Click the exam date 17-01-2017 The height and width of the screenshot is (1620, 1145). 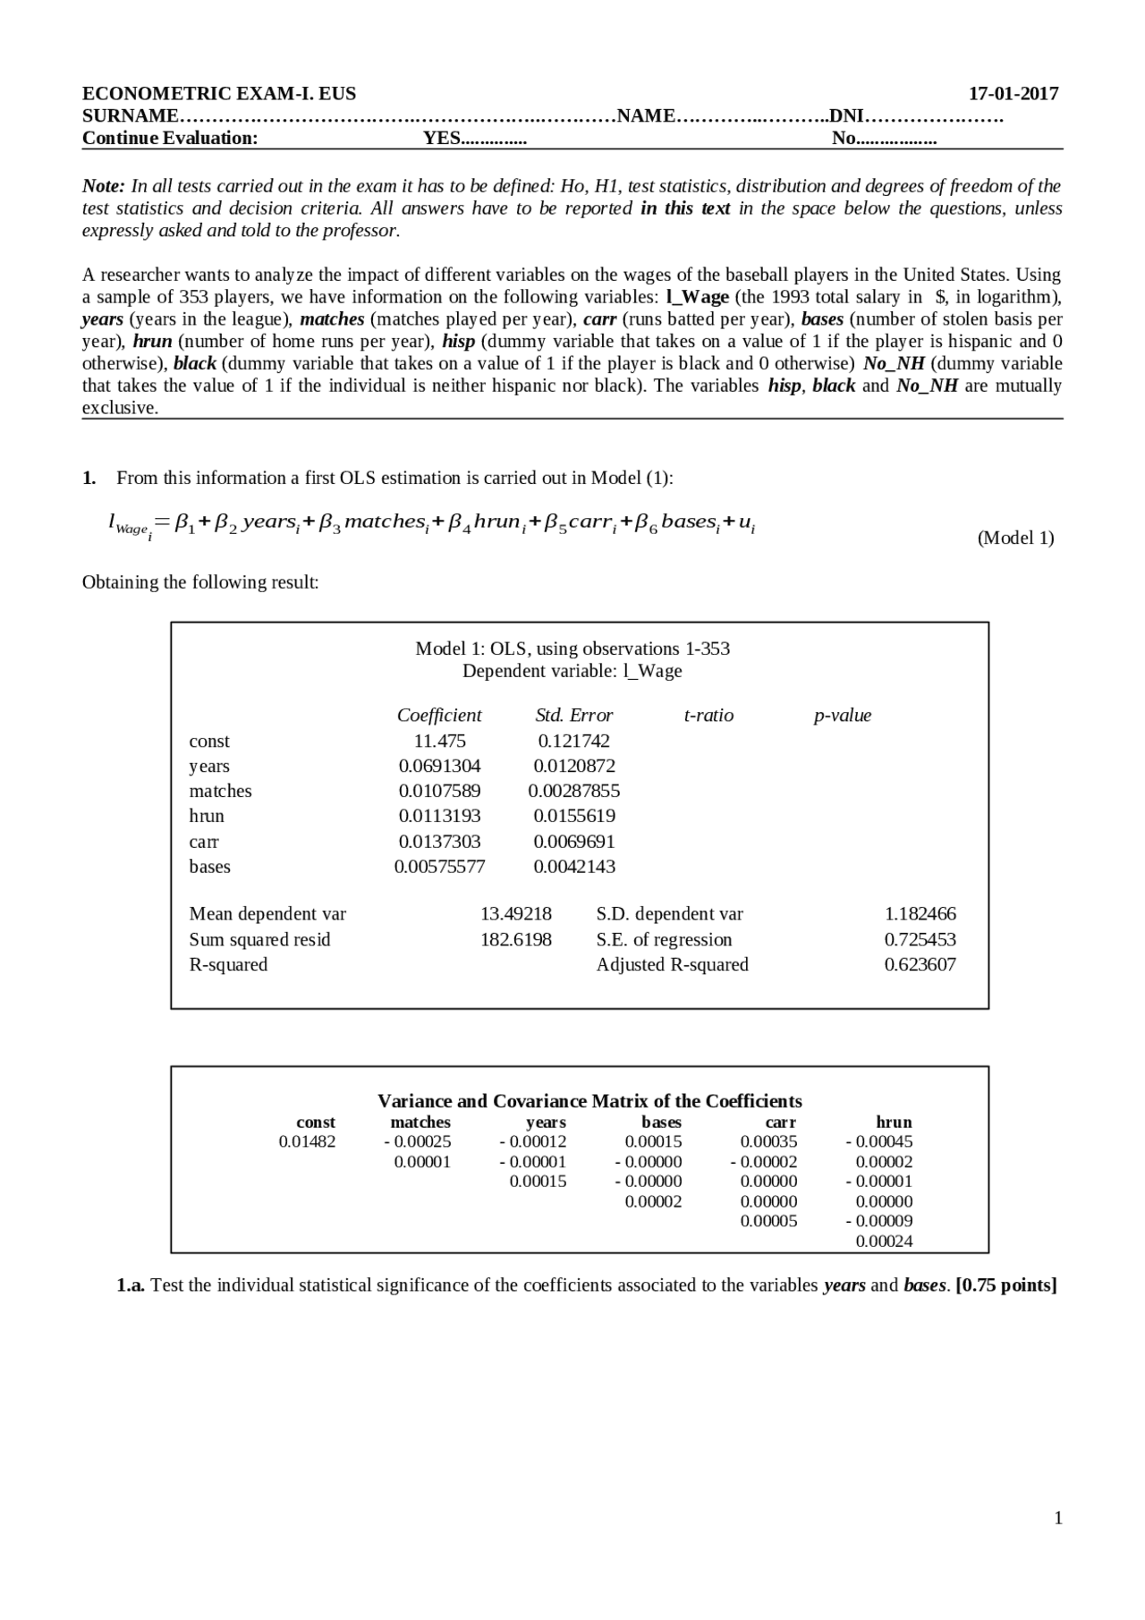pyautogui.click(x=1014, y=94)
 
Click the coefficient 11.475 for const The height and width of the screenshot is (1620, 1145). pyautogui.click(x=439, y=741)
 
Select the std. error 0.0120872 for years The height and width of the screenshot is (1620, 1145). pyautogui.click(x=574, y=766)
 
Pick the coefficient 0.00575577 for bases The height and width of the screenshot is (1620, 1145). pyautogui.click(x=439, y=866)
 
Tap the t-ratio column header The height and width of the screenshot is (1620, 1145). pyautogui.click(x=708, y=715)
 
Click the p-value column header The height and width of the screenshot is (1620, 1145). pyautogui.click(x=842, y=715)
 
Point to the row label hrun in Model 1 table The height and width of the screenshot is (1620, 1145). pyautogui.click(x=207, y=816)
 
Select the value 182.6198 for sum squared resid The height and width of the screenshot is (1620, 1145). pyautogui.click(x=515, y=939)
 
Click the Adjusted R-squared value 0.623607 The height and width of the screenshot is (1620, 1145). pyautogui.click(x=920, y=964)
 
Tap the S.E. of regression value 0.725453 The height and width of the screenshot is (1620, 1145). pyautogui.click(x=920, y=939)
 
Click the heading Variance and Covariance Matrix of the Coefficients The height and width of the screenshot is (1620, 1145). pyautogui.click(x=589, y=1101)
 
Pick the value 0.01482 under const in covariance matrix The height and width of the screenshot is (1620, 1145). pyautogui.click(x=307, y=1141)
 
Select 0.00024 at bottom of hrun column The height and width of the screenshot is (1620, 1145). pyautogui.click(x=884, y=1241)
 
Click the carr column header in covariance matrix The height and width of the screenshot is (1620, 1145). pyautogui.click(x=780, y=1122)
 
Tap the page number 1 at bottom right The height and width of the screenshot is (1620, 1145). pyautogui.click(x=1058, y=1518)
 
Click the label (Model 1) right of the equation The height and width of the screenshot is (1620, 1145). pyautogui.click(x=1015, y=538)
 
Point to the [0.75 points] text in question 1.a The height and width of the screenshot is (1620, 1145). pyautogui.click(x=1006, y=1285)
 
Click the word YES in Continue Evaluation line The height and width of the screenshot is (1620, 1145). pyautogui.click(x=442, y=138)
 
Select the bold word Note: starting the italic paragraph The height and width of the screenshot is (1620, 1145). pyautogui.click(x=103, y=186)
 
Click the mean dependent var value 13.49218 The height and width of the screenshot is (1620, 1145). pyautogui.click(x=515, y=913)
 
